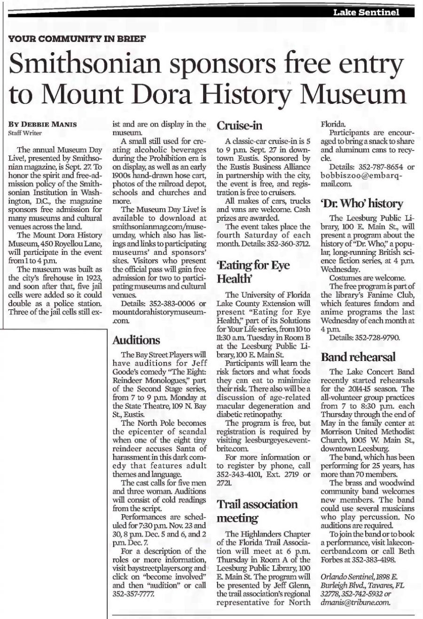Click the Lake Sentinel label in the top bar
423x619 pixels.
pos(366,13)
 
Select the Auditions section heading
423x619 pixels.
pos(137,340)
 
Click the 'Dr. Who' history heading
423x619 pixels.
pos(362,204)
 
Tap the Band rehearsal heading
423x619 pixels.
pos(358,357)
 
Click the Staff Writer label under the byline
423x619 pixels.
pos(22,133)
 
